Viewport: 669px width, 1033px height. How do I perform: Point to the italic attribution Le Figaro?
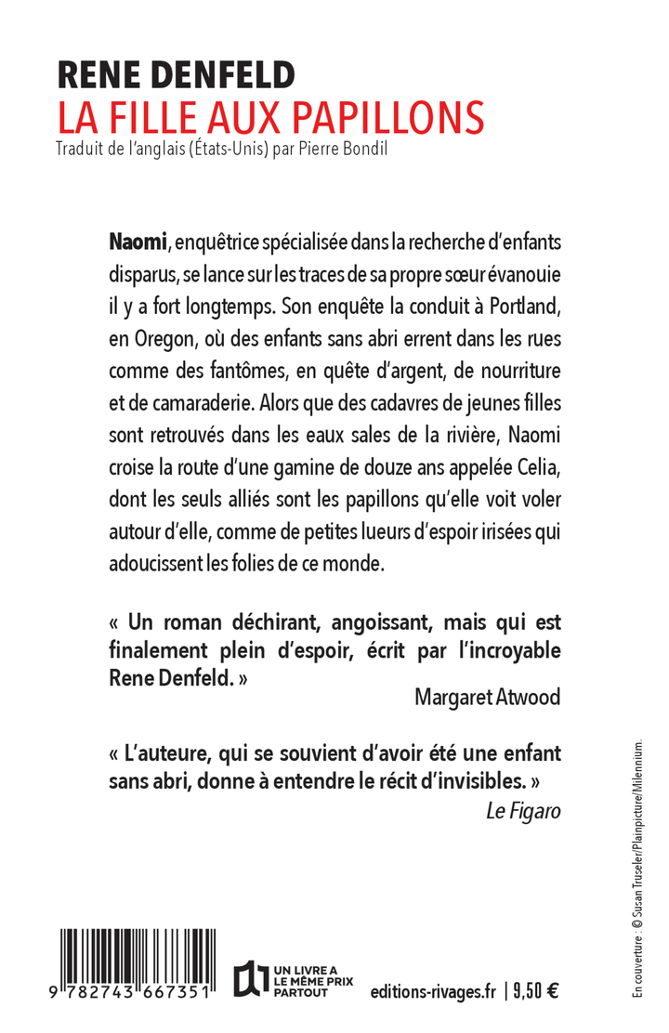pos(523,810)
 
